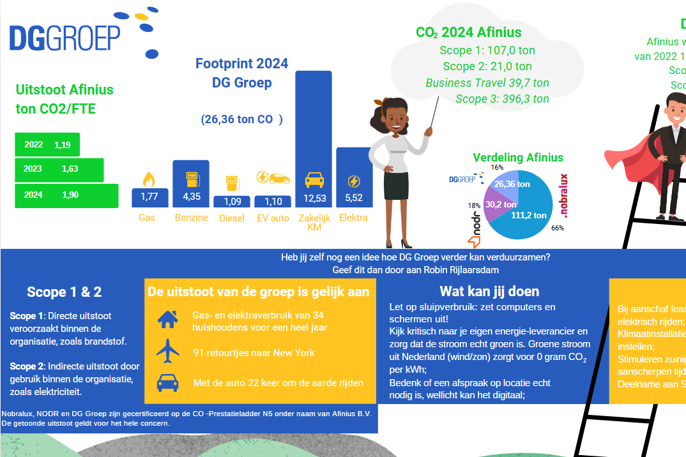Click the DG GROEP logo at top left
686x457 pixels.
point(65,38)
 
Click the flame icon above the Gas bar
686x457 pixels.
point(149,178)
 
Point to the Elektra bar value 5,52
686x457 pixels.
point(354,198)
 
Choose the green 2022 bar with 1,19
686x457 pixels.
point(47,145)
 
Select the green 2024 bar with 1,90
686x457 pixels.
point(66,195)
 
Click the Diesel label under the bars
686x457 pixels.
point(231,218)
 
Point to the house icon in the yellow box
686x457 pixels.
point(167,319)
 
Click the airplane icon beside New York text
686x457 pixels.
point(167,351)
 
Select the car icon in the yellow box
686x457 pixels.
point(167,382)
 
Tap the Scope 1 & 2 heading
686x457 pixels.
point(64,292)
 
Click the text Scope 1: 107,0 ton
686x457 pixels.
point(487,50)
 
